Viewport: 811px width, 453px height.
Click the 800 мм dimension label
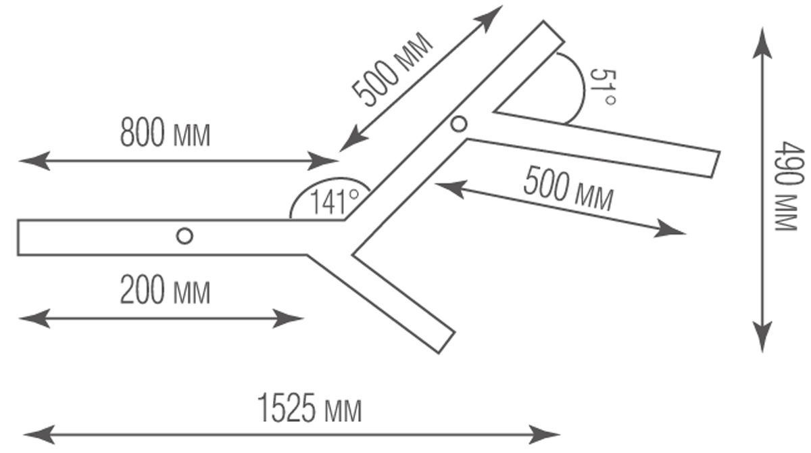[165, 133]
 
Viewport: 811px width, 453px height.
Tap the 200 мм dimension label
[165, 291]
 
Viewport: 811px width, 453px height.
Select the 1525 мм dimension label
[310, 409]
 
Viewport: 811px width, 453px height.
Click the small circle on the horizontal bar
[184, 236]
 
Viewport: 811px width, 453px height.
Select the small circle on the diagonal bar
[459, 124]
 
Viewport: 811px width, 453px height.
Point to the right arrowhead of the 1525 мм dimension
[550, 432]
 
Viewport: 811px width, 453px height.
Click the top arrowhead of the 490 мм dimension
[763, 38]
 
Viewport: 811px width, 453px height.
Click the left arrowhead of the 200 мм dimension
[28, 318]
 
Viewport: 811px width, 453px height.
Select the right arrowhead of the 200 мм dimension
[295, 318]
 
